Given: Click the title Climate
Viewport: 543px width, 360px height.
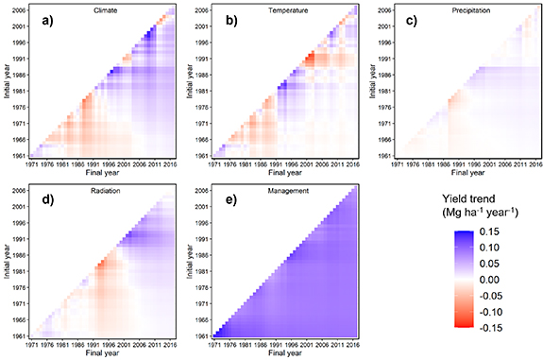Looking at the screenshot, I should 93,11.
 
